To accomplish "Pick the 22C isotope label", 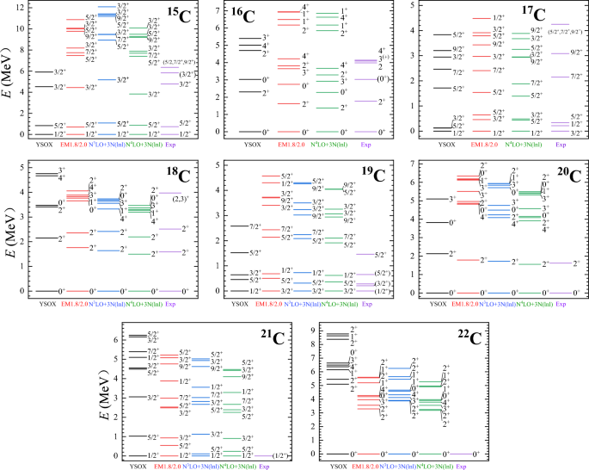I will pos(466,337).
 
